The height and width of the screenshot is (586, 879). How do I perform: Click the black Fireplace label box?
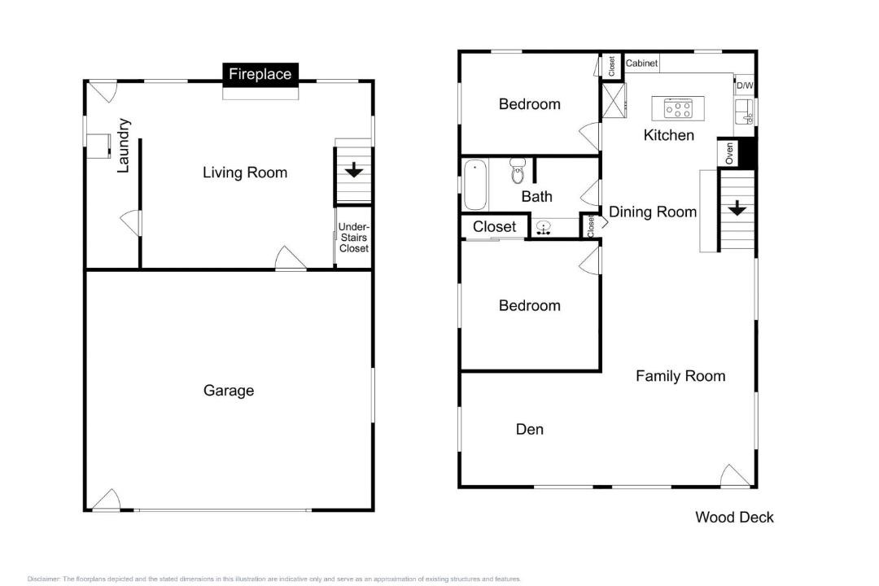click(x=260, y=75)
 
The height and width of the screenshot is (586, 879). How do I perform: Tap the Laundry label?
click(x=124, y=145)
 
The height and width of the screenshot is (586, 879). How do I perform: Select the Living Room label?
click(x=245, y=173)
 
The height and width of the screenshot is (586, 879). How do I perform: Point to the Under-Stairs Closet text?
click(x=354, y=237)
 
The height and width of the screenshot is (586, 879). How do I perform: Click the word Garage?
click(x=229, y=391)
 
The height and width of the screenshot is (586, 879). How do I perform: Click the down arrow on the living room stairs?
click(x=354, y=170)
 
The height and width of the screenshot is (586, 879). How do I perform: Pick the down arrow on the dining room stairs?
click(x=737, y=208)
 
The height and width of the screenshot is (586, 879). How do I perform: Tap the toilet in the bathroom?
click(x=518, y=170)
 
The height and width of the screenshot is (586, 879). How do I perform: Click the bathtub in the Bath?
click(x=475, y=185)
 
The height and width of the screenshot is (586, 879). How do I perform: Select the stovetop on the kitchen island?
click(x=678, y=108)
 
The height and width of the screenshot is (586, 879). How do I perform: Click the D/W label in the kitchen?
click(x=745, y=85)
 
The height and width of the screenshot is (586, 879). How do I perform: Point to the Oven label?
click(x=728, y=153)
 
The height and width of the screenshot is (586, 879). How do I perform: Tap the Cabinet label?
click(x=641, y=63)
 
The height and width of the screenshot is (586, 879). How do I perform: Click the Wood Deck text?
click(x=734, y=517)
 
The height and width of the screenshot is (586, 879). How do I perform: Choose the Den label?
click(x=530, y=429)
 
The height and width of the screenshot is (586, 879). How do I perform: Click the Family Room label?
click(x=680, y=376)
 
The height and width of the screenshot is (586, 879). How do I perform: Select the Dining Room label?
click(x=653, y=212)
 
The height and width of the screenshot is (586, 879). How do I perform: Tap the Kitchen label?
click(x=669, y=134)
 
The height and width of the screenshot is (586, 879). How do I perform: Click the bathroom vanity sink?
click(x=543, y=227)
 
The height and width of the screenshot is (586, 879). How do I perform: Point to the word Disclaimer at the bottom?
click(x=44, y=579)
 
